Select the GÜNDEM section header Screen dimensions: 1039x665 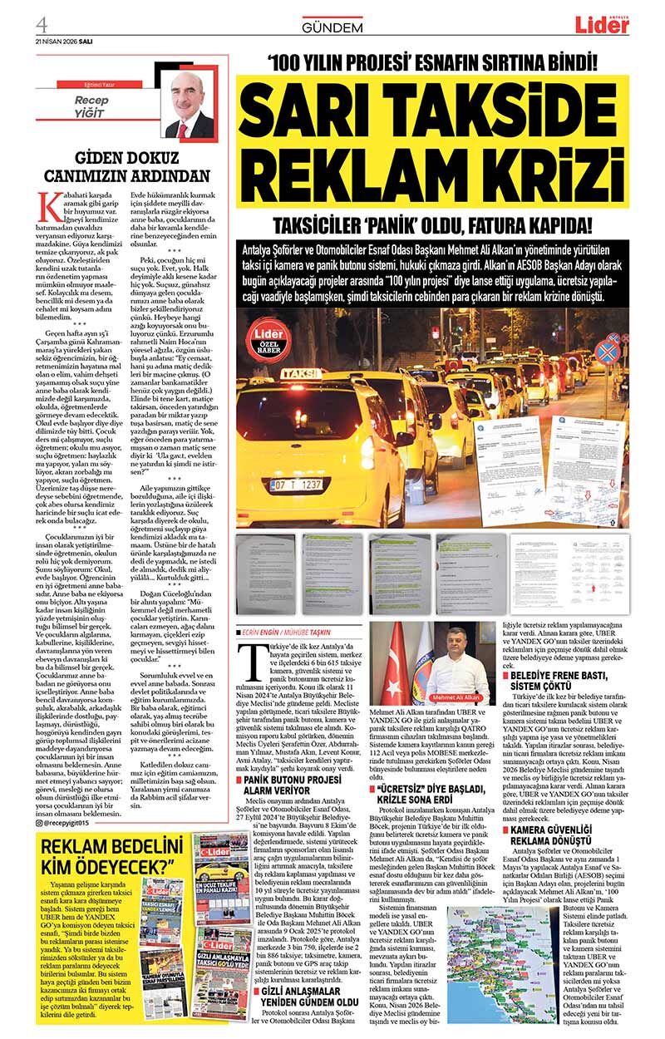coord(332,27)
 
